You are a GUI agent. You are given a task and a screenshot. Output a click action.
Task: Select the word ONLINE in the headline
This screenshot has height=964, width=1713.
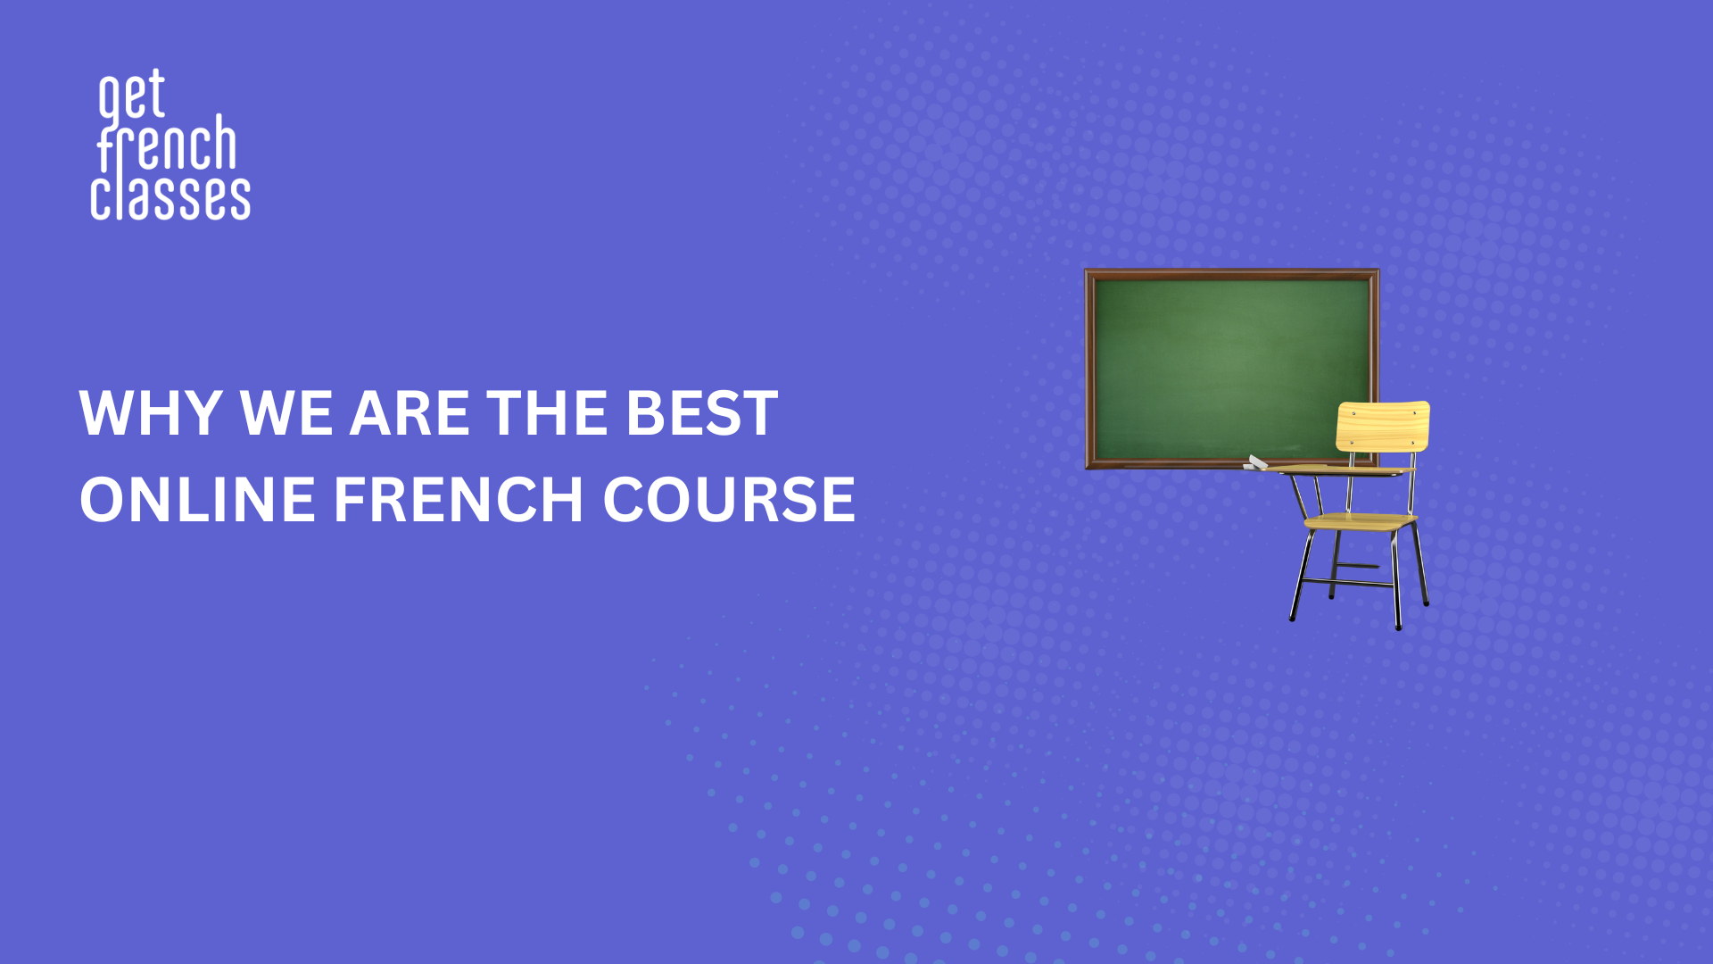(x=197, y=499)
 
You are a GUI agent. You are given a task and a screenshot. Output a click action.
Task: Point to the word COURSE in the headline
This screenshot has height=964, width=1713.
(x=729, y=499)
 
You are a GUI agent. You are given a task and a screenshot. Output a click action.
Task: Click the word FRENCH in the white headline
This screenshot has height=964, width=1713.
(x=459, y=499)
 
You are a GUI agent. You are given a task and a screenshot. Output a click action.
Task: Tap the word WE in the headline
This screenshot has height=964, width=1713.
(x=285, y=413)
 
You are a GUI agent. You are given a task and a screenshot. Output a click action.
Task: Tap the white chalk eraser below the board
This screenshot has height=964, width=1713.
(x=1255, y=462)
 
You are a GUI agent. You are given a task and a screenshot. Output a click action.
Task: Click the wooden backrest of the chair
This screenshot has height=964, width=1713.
(x=1383, y=426)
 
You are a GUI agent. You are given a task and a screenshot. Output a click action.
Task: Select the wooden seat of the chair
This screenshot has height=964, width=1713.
(x=1361, y=522)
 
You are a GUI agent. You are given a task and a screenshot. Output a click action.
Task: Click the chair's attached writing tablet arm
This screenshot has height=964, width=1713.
(x=1338, y=470)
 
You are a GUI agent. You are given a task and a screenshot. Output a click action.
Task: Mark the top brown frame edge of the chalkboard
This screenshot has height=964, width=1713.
(x=1232, y=274)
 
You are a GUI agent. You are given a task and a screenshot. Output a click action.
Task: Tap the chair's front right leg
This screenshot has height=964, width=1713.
(x=1396, y=580)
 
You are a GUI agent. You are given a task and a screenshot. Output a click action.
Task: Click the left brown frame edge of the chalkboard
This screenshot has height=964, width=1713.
(x=1089, y=369)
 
